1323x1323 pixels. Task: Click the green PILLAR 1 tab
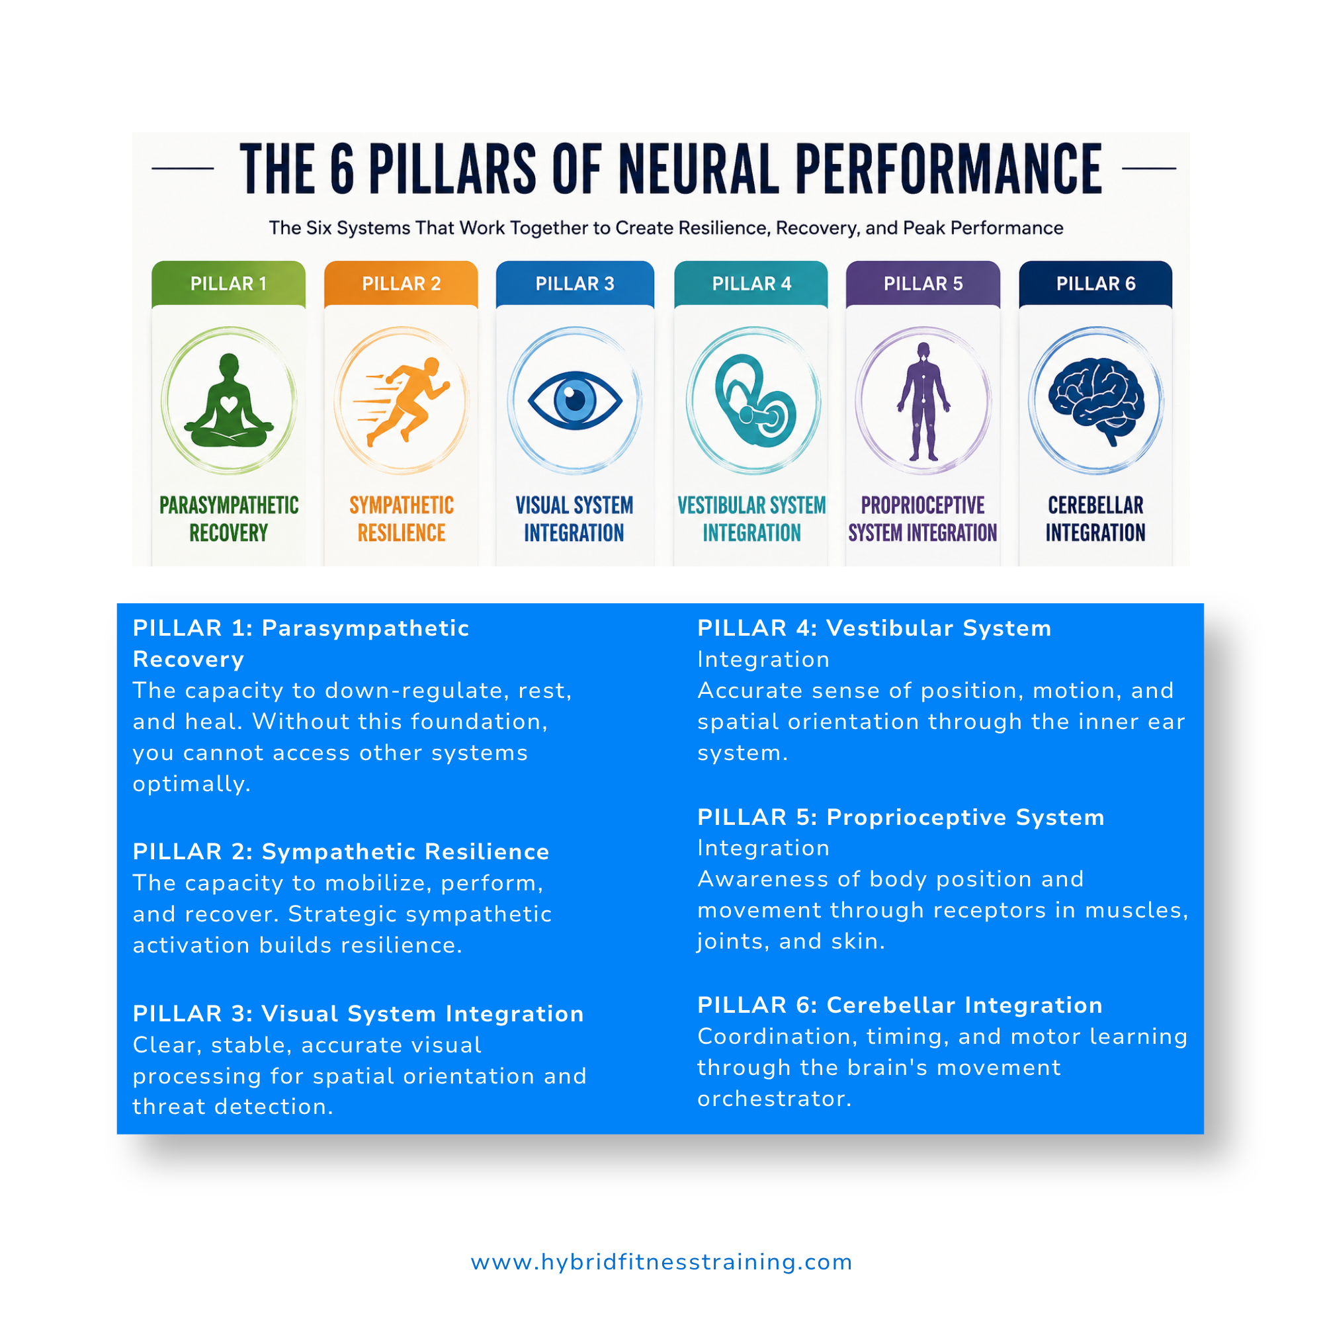pyautogui.click(x=229, y=284)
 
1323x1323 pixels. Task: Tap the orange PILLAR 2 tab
pyautogui.click(x=402, y=284)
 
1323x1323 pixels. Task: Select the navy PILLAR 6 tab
pyautogui.click(x=1095, y=284)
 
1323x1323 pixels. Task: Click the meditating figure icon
pyautogui.click(x=229, y=400)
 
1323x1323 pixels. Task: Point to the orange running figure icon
pyautogui.click(x=403, y=402)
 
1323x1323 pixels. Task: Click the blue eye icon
pyautogui.click(x=576, y=401)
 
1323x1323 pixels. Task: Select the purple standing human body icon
pyautogui.click(x=923, y=402)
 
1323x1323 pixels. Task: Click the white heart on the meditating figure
pyautogui.click(x=229, y=404)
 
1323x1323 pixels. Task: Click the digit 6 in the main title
pyautogui.click(x=343, y=169)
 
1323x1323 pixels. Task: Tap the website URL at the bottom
pyautogui.click(x=661, y=1261)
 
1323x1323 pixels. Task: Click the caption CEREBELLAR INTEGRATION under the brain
pyautogui.click(x=1095, y=519)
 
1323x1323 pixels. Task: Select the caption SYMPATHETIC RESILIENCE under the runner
pyautogui.click(x=402, y=519)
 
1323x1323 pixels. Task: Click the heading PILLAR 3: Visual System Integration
pyautogui.click(x=358, y=1013)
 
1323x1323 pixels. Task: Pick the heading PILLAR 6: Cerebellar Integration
pyautogui.click(x=900, y=1005)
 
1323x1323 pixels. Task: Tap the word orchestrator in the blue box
pyautogui.click(x=775, y=1098)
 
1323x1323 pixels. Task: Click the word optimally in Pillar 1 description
pyautogui.click(x=192, y=784)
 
